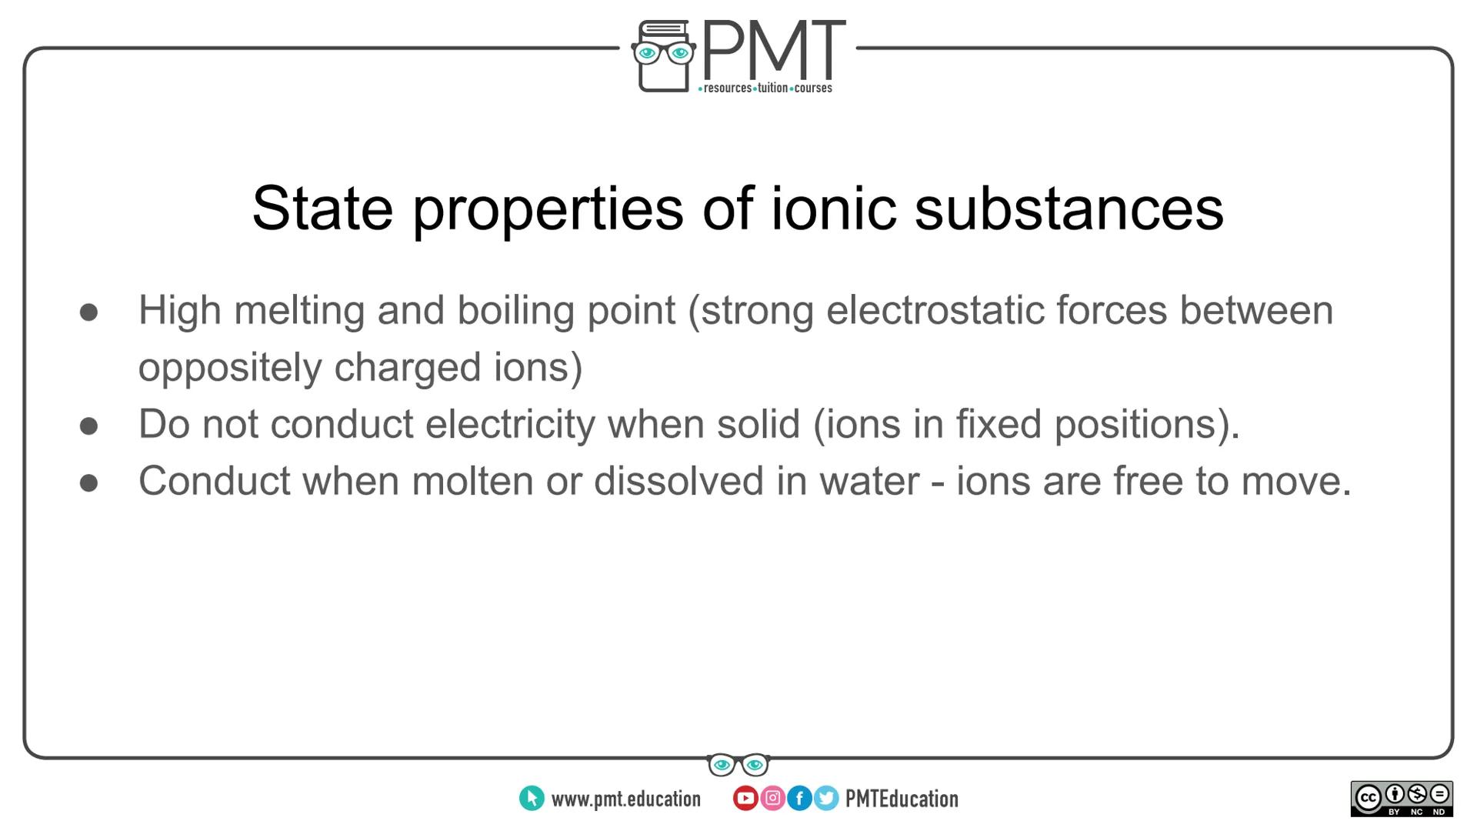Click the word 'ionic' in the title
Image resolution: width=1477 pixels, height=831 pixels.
(x=834, y=209)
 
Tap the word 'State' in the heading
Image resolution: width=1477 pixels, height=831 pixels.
(x=322, y=209)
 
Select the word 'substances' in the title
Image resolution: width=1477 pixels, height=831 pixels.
(x=1069, y=209)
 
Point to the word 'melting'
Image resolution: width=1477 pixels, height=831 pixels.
(x=299, y=312)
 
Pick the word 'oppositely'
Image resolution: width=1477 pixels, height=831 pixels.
(x=229, y=369)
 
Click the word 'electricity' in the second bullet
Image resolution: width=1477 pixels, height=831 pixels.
(x=510, y=425)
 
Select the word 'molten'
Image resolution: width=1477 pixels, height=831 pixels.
(x=472, y=481)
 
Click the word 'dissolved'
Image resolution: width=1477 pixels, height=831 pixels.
(x=678, y=481)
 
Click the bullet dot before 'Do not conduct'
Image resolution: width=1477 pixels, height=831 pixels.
(x=89, y=426)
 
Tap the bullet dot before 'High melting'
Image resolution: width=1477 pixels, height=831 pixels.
(x=89, y=312)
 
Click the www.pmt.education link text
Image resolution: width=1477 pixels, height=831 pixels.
(x=625, y=799)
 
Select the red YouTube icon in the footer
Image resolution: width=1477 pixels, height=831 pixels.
(x=745, y=799)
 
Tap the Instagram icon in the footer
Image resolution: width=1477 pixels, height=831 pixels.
(x=772, y=799)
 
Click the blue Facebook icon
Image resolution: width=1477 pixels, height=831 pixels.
(x=799, y=799)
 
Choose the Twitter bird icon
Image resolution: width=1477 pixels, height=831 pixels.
(x=826, y=799)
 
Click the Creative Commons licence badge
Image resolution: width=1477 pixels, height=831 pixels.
(x=1402, y=799)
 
